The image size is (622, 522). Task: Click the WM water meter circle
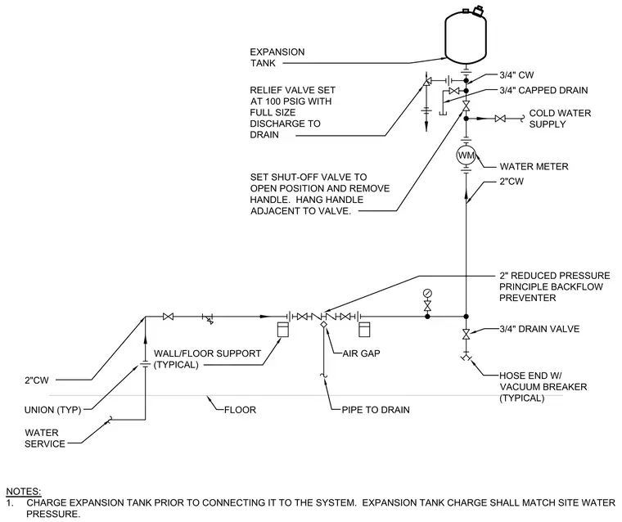pos(466,155)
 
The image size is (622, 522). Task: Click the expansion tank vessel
pos(466,38)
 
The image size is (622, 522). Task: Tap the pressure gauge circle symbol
pos(427,294)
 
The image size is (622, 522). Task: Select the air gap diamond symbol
pos(324,324)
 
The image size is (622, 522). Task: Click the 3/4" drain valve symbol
pos(466,333)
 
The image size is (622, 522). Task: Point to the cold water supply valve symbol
pos(500,118)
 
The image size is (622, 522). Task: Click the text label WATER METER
pos(534,166)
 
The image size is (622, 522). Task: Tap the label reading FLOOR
pos(240,410)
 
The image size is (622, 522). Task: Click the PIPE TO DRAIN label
pos(376,410)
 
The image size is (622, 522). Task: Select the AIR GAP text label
pos(361,353)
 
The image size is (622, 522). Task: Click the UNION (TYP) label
pos(52,410)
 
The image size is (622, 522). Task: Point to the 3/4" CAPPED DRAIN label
pos(543,91)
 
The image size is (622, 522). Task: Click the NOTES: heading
pos(24,491)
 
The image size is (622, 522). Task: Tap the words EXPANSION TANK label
pos(277,57)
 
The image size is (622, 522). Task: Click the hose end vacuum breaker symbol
pos(466,358)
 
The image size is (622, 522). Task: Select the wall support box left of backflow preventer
pos(283,330)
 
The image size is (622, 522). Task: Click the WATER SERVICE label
pos(45,439)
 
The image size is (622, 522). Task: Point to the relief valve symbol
pos(427,82)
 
